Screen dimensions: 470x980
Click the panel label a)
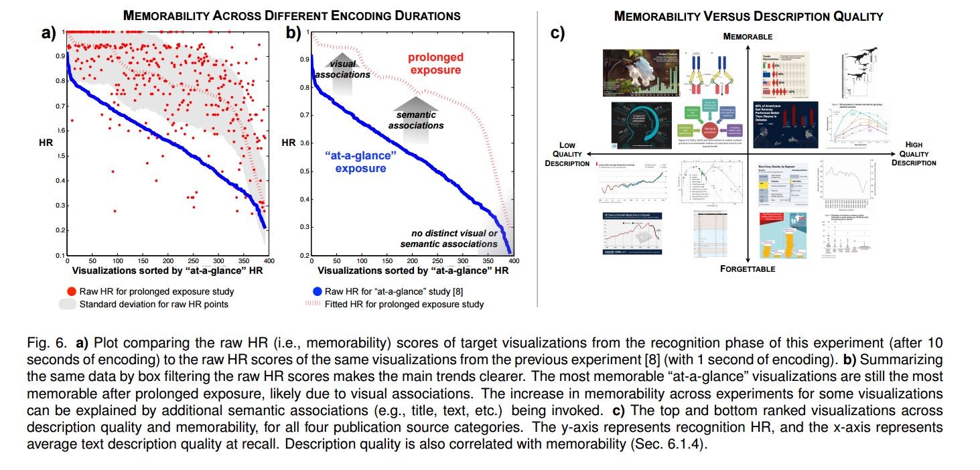coord(48,33)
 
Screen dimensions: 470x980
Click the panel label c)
coord(558,33)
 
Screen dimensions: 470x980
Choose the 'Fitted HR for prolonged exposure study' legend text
coord(405,304)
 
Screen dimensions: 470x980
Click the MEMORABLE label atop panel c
coord(748,36)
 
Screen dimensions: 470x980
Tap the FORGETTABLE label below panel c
coord(748,268)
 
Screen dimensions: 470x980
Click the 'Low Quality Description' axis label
coord(567,153)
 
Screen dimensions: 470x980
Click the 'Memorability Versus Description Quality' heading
coord(748,15)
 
